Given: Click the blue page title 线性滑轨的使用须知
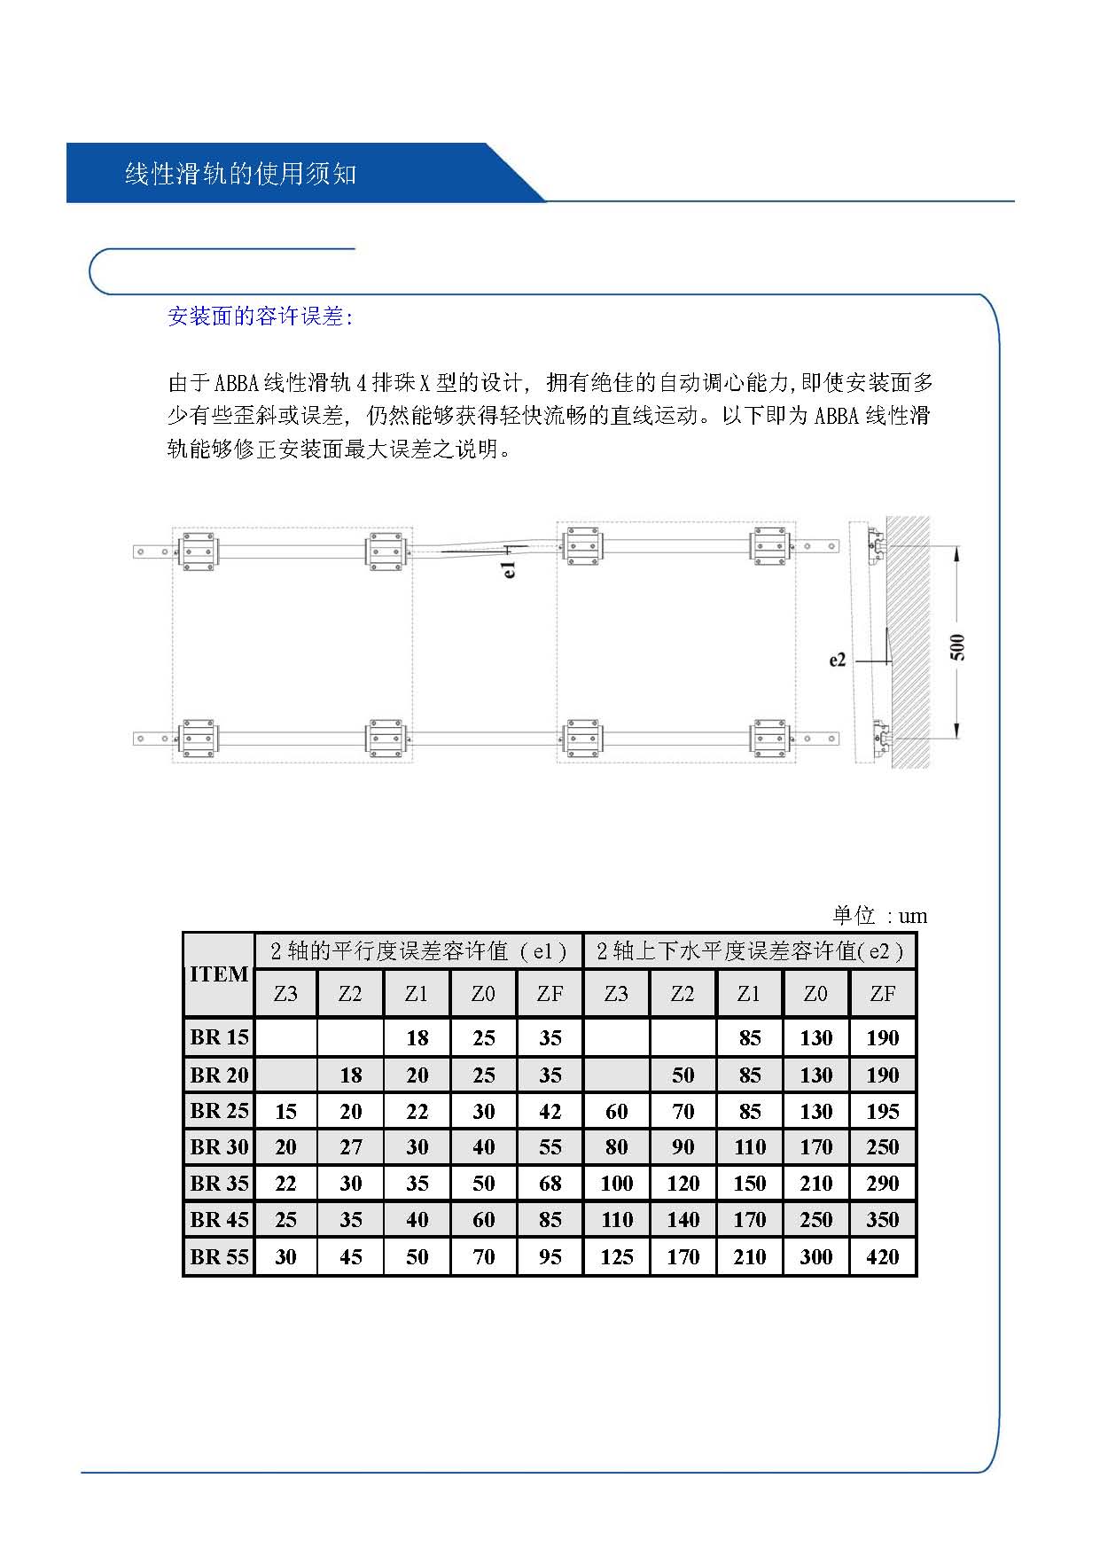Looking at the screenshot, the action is pyautogui.click(x=240, y=174).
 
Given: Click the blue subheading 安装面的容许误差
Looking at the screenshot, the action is pyautogui.click(x=260, y=317).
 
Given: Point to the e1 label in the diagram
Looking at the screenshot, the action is pyautogui.click(x=509, y=569).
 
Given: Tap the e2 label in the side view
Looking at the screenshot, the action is pyautogui.click(x=838, y=660).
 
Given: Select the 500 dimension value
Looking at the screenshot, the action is pyautogui.click(x=957, y=647).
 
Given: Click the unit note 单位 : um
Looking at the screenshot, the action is pyautogui.click(x=880, y=916).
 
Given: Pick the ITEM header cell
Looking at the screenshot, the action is pyautogui.click(x=219, y=974).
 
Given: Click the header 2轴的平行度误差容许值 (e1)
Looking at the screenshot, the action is pyautogui.click(x=418, y=951).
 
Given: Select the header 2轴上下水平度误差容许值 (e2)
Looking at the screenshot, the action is pyautogui.click(x=750, y=951).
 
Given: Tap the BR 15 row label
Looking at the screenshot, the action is pyautogui.click(x=219, y=1037).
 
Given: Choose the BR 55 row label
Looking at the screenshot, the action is pyautogui.click(x=219, y=1256).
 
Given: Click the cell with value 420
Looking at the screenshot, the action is pyautogui.click(x=883, y=1256).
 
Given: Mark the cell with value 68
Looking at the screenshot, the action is pyautogui.click(x=550, y=1184).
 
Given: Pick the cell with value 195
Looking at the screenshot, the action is pyautogui.click(x=883, y=1111).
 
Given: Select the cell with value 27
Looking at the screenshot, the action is pyautogui.click(x=351, y=1147).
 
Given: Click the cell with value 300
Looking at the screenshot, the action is pyautogui.click(x=816, y=1256).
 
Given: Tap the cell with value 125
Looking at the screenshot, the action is pyautogui.click(x=617, y=1256).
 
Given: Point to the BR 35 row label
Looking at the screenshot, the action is pyautogui.click(x=219, y=1184).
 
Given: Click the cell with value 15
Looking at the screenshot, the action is pyautogui.click(x=285, y=1111).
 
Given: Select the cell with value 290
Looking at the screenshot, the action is pyautogui.click(x=883, y=1184).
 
